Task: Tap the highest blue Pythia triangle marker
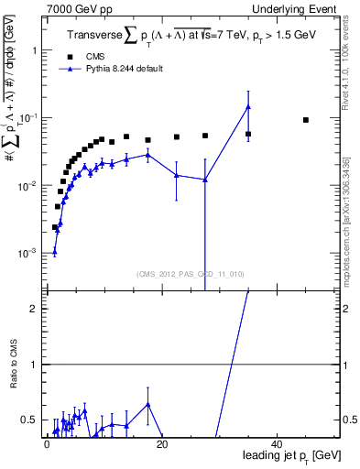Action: click(248, 107)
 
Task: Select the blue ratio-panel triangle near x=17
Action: click(147, 404)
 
